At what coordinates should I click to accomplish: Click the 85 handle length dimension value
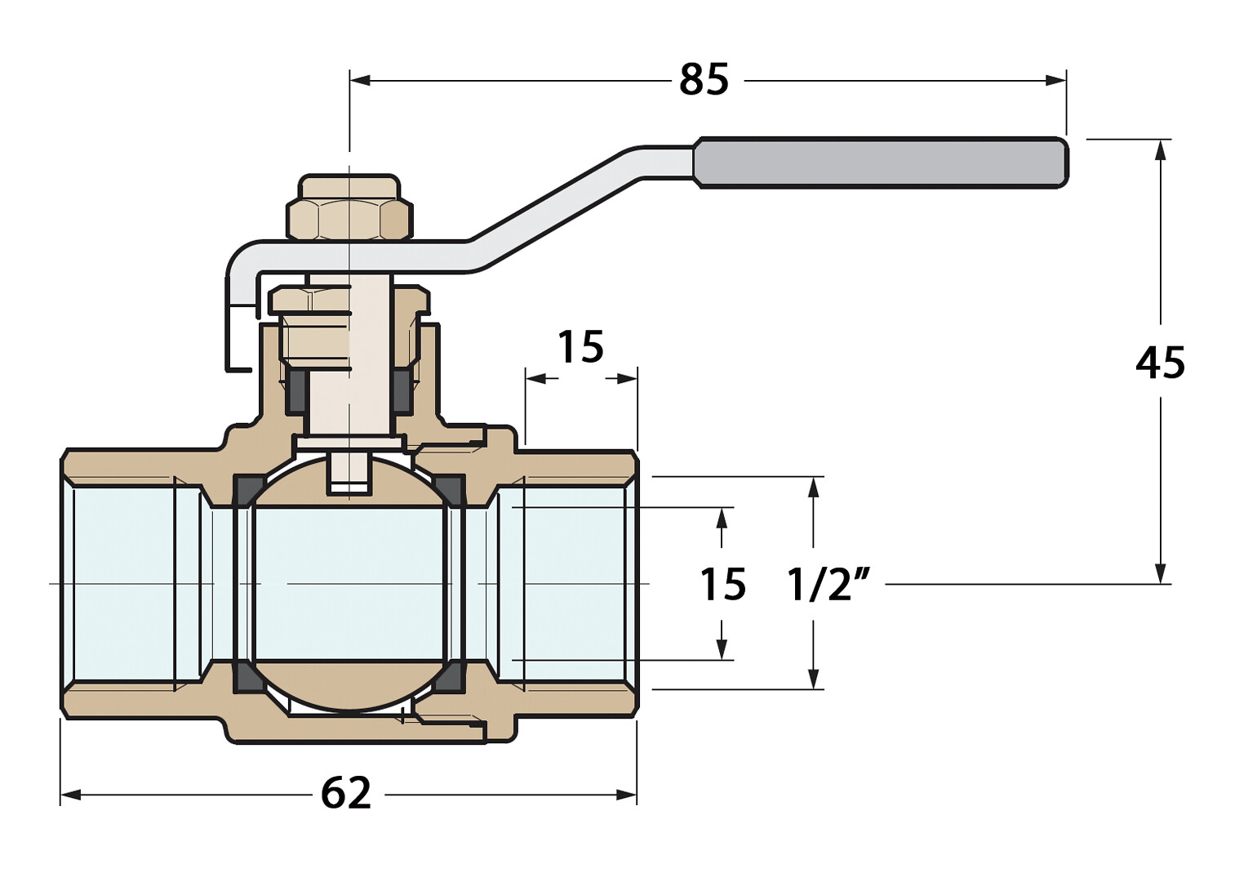point(704,80)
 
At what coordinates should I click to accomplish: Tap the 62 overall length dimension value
point(346,793)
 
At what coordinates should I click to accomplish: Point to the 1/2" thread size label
point(828,585)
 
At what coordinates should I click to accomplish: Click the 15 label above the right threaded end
point(580,347)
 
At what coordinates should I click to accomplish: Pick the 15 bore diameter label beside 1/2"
point(722,585)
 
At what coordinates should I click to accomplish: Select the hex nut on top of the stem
point(349,218)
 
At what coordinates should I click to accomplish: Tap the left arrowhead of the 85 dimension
point(359,80)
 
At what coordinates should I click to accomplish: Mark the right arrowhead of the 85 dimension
point(1057,80)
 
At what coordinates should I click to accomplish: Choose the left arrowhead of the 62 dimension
point(70,795)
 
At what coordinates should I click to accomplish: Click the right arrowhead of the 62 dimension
point(627,795)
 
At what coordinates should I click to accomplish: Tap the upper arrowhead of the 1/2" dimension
point(813,487)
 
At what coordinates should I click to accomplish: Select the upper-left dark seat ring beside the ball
point(246,491)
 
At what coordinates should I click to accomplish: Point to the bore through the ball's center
point(351,584)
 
